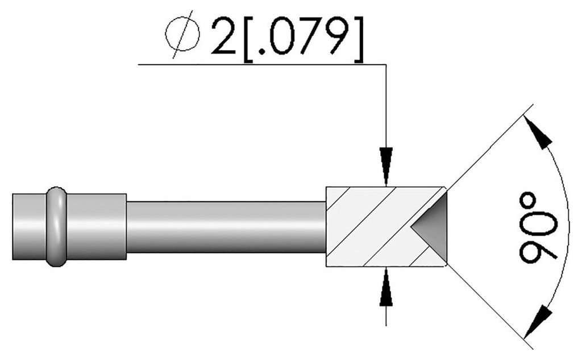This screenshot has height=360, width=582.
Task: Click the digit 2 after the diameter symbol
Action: click(223, 36)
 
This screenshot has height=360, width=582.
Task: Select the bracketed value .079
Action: click(303, 39)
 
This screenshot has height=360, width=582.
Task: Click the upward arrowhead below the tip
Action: click(386, 287)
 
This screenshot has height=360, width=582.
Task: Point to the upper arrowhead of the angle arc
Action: click(538, 133)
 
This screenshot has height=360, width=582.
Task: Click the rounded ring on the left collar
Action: click(56, 226)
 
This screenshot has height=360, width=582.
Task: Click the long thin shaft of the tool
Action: click(226, 227)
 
